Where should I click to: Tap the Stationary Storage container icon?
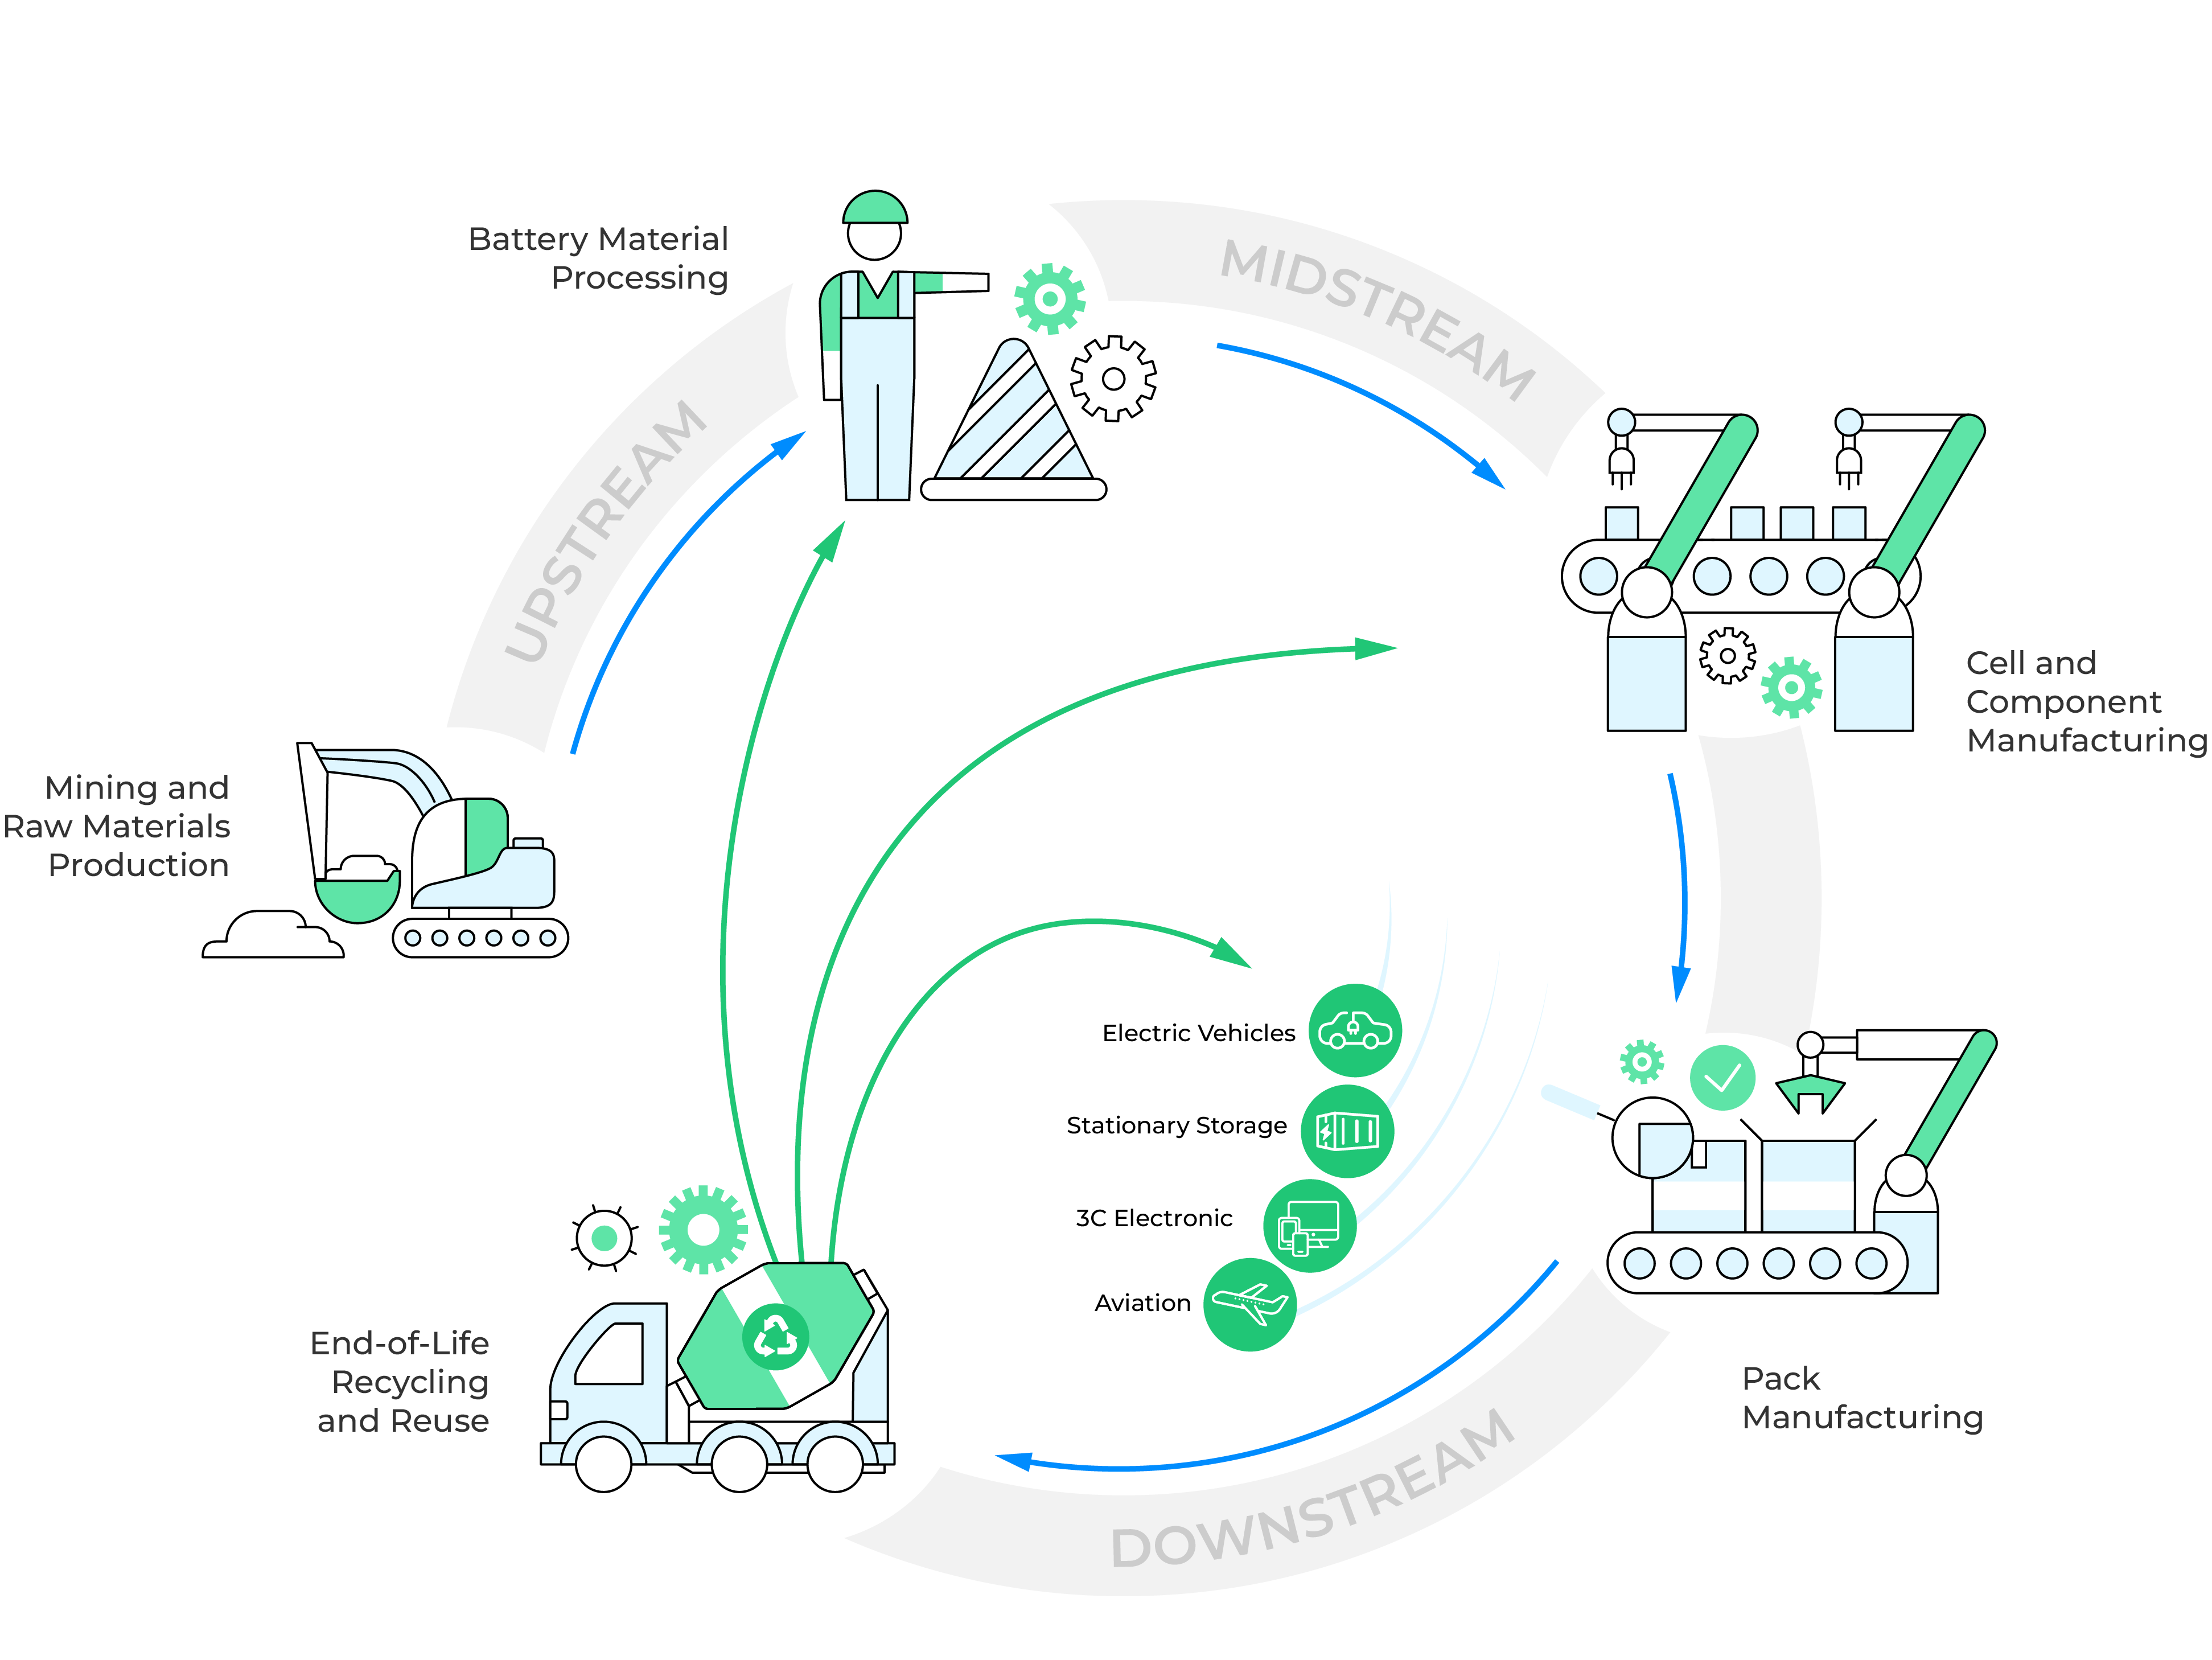(1347, 1131)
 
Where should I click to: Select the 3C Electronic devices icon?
(1309, 1226)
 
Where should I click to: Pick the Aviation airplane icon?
(1249, 1304)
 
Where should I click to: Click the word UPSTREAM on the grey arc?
(607, 530)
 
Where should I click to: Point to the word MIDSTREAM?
(1378, 318)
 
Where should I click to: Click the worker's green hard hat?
(875, 207)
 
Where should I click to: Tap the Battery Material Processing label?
(598, 258)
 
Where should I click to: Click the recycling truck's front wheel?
(604, 1463)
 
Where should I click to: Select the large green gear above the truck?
(703, 1229)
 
